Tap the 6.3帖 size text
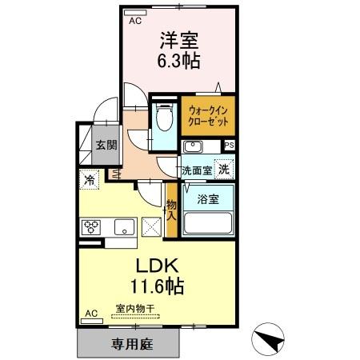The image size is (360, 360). point(180,60)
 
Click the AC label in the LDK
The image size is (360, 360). point(90,313)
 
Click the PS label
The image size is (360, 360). point(230,146)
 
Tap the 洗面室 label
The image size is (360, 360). point(195,170)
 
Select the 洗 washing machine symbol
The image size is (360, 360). point(225,169)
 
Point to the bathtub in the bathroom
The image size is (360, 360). point(206,222)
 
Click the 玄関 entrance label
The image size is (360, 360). point(106,146)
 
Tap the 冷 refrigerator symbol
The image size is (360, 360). point(90,180)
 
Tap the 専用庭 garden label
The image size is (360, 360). point(127,346)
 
